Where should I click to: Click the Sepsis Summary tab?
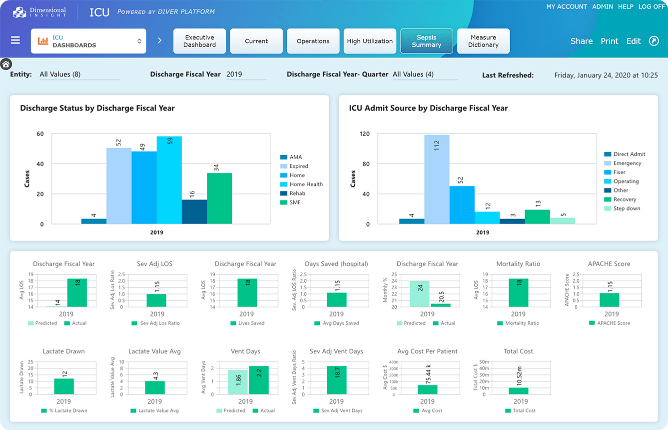pyautogui.click(x=426, y=41)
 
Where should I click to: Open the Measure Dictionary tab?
pyautogui.click(x=483, y=41)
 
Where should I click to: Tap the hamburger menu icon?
pyautogui.click(x=15, y=40)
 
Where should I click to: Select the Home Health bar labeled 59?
pyautogui.click(x=169, y=180)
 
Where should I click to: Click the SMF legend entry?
pyautogui.click(x=294, y=202)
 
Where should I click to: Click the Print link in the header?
pyautogui.click(x=609, y=41)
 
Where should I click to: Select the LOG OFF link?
pyautogui.click(x=652, y=6)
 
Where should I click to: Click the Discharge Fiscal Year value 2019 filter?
pyautogui.click(x=245, y=74)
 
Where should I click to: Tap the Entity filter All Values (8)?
pyautogui.click(x=78, y=74)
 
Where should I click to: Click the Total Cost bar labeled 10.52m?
pyautogui.click(x=518, y=390)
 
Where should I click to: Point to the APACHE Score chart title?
pyautogui.click(x=609, y=263)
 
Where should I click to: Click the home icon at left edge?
pyautogui.click(x=6, y=64)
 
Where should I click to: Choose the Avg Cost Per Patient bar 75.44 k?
pyautogui.click(x=427, y=389)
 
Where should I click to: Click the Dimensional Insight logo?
pyautogui.click(x=40, y=12)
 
